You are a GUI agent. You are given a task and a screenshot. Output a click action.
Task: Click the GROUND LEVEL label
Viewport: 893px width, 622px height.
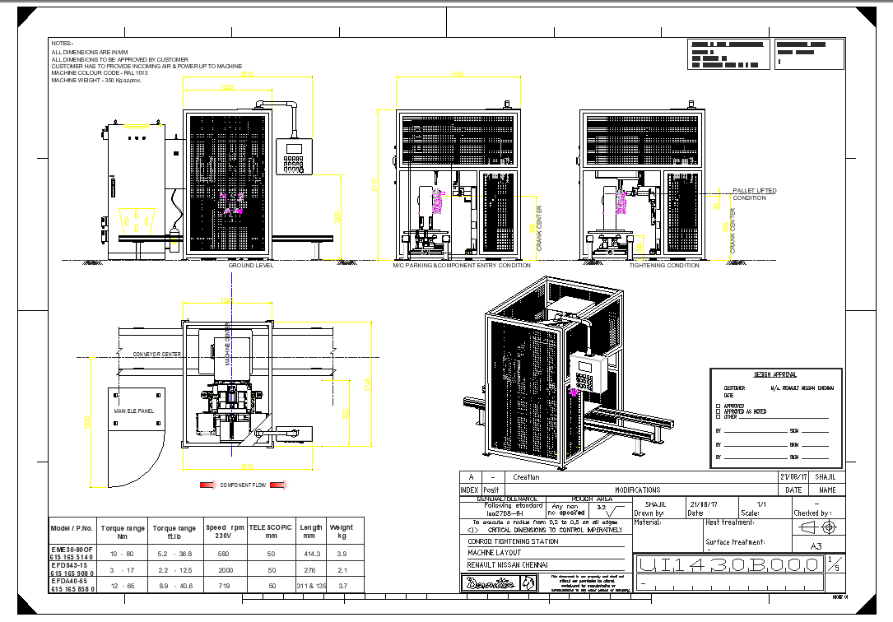click(250, 266)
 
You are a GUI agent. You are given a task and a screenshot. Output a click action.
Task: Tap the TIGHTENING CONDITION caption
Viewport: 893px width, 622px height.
click(664, 266)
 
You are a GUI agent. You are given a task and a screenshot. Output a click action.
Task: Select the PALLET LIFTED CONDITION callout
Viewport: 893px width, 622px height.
click(754, 194)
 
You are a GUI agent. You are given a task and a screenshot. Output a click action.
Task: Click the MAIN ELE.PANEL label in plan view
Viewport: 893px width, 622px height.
click(133, 411)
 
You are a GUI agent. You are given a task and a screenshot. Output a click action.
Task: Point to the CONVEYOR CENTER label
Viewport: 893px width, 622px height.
click(157, 354)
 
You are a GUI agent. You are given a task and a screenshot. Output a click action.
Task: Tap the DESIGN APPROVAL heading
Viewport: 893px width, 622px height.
click(774, 375)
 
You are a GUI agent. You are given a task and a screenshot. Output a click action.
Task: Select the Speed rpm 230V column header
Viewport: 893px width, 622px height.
click(225, 531)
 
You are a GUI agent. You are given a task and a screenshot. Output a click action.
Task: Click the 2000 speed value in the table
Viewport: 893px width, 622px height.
click(225, 569)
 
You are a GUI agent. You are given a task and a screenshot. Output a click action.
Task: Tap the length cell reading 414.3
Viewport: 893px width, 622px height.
click(310, 553)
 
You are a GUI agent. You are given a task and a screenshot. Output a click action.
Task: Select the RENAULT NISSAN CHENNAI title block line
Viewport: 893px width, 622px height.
click(507, 565)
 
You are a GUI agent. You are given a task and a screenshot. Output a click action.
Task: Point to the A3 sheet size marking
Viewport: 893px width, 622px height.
click(816, 545)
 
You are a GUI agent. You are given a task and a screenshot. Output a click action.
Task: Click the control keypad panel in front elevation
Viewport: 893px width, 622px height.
click(294, 156)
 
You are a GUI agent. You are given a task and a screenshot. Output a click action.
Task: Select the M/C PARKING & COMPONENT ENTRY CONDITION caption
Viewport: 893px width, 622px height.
click(461, 266)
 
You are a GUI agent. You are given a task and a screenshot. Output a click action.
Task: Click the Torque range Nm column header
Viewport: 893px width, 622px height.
click(123, 531)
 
